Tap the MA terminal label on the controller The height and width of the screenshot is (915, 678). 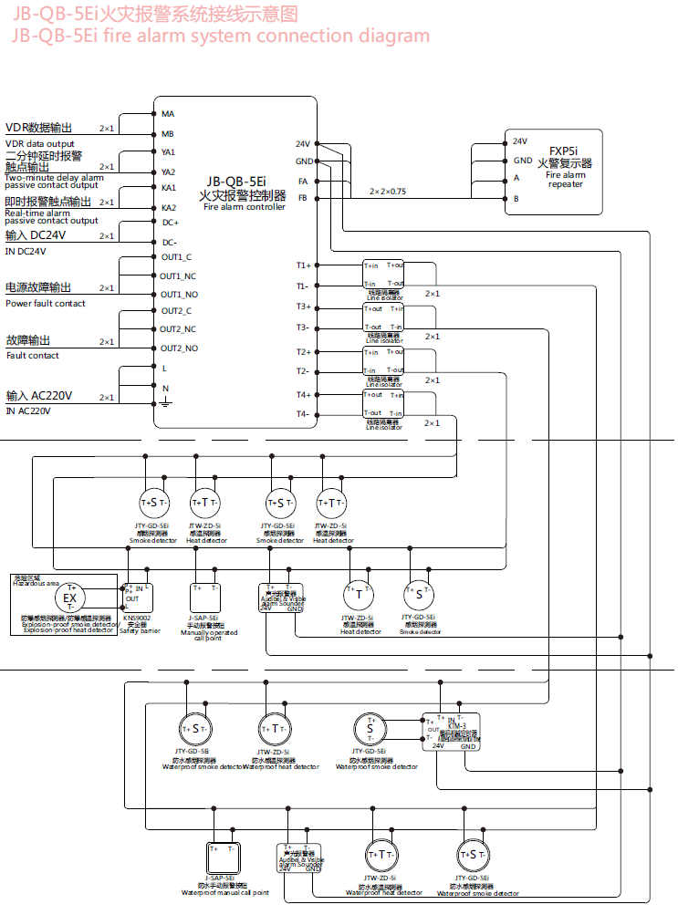point(168,114)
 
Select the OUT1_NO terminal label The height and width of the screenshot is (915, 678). point(179,295)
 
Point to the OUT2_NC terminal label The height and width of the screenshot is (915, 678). point(179,329)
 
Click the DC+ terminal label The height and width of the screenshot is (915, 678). point(171,223)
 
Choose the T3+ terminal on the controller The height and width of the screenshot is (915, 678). point(303,307)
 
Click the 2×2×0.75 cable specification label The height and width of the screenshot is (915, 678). point(388,192)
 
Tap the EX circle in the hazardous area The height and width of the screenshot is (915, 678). point(70,598)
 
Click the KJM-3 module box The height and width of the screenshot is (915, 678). point(450,731)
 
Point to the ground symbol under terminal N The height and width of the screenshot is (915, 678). point(165,402)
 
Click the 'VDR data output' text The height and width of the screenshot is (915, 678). point(40,143)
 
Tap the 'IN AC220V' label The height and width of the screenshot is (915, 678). point(28,411)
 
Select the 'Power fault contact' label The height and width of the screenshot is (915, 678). point(46,303)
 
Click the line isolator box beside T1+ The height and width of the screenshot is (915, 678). point(383,275)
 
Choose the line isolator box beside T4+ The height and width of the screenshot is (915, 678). point(383,404)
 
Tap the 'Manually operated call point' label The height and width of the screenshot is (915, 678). point(208,635)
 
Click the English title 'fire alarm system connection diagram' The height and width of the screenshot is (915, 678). point(220,36)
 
